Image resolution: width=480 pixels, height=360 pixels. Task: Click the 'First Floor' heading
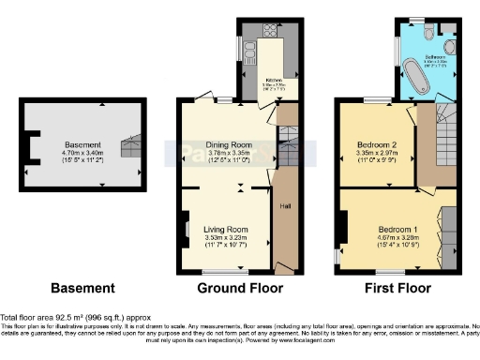pyautogui.click(x=394, y=288)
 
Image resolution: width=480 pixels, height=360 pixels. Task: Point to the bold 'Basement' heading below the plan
pyautogui.click(x=82, y=288)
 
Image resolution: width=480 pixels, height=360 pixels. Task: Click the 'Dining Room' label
pyautogui.click(x=230, y=145)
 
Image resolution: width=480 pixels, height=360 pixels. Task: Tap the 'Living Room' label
pyautogui.click(x=226, y=229)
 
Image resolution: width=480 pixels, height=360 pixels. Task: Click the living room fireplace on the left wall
pyautogui.click(x=186, y=229)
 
